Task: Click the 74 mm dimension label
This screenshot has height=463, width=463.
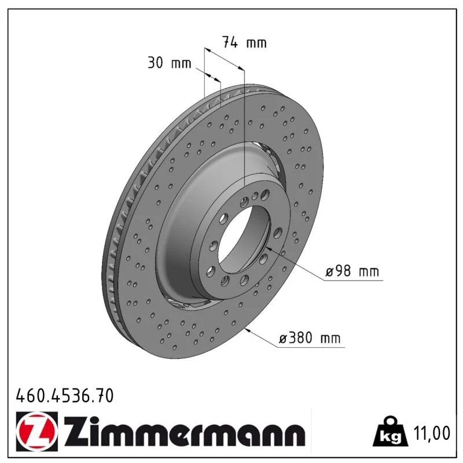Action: coord(244,42)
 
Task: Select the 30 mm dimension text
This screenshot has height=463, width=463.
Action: coord(169,63)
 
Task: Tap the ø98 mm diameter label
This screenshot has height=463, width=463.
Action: coord(352,271)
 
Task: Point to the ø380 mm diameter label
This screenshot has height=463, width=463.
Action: coord(310,338)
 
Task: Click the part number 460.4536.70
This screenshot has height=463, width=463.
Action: coord(65,395)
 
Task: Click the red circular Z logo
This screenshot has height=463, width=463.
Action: coord(36,431)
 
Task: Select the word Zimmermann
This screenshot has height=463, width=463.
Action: coord(185,431)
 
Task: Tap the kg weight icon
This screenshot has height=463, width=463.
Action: coord(390,433)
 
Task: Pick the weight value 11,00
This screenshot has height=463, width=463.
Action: coord(432,433)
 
